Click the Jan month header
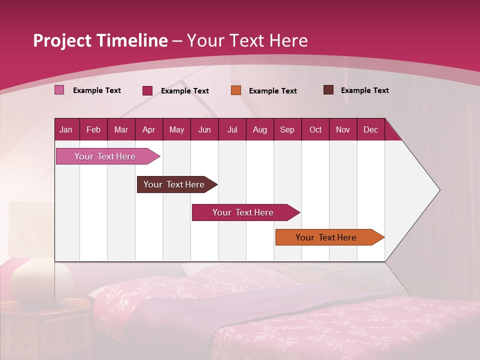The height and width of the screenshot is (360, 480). pyautogui.click(x=66, y=129)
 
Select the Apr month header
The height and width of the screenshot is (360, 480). pyautogui.click(x=148, y=129)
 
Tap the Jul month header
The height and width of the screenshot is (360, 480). pyautogui.click(x=232, y=129)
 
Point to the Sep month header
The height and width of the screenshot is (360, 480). pyautogui.click(x=287, y=129)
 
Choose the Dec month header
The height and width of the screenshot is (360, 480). pyautogui.click(x=370, y=129)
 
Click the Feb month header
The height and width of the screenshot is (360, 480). pyautogui.click(x=93, y=129)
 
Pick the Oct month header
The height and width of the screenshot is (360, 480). pyautogui.click(x=315, y=129)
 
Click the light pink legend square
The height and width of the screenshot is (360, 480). pyautogui.click(x=59, y=90)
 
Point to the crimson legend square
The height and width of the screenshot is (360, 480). pyautogui.click(x=147, y=90)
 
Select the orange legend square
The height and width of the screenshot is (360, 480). pyautogui.click(x=236, y=90)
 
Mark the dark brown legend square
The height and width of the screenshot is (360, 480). pyautogui.click(x=328, y=90)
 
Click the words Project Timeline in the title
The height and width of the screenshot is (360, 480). pyautogui.click(x=100, y=40)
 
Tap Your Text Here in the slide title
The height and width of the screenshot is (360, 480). pyautogui.click(x=247, y=40)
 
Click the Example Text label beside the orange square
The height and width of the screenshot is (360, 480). pyautogui.click(x=272, y=91)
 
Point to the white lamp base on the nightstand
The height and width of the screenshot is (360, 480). pyautogui.click(x=41, y=282)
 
